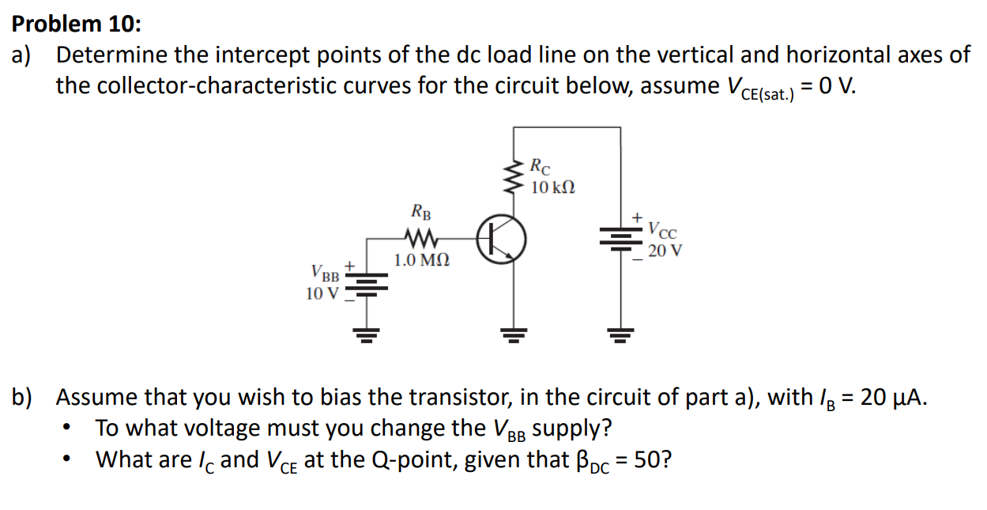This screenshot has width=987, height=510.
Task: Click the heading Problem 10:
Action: [77, 24]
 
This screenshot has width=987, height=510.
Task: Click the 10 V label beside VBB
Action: [322, 293]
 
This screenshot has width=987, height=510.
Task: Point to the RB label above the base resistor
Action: [421, 212]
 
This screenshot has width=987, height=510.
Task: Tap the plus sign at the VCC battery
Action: [635, 216]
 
